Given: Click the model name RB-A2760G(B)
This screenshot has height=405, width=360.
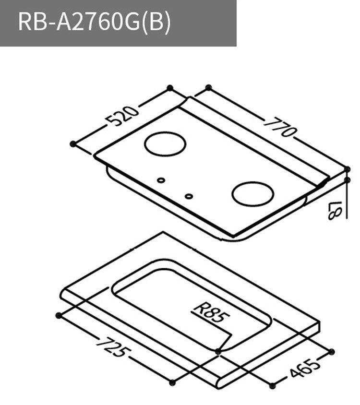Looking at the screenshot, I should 94,23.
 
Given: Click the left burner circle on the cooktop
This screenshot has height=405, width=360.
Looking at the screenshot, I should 165,144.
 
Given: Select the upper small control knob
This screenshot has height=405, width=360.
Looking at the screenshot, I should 161,180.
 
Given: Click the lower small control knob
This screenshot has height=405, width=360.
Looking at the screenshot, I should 189,196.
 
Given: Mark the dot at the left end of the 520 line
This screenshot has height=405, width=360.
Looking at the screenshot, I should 73,143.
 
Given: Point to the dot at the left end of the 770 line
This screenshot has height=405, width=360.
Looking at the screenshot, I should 208,87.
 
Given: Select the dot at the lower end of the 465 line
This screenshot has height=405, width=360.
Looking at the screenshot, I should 272,386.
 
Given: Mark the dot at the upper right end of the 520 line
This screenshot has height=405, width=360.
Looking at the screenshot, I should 169,87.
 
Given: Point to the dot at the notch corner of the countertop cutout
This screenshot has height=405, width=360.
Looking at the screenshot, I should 218,352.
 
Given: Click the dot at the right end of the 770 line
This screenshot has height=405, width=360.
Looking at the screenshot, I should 348,169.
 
